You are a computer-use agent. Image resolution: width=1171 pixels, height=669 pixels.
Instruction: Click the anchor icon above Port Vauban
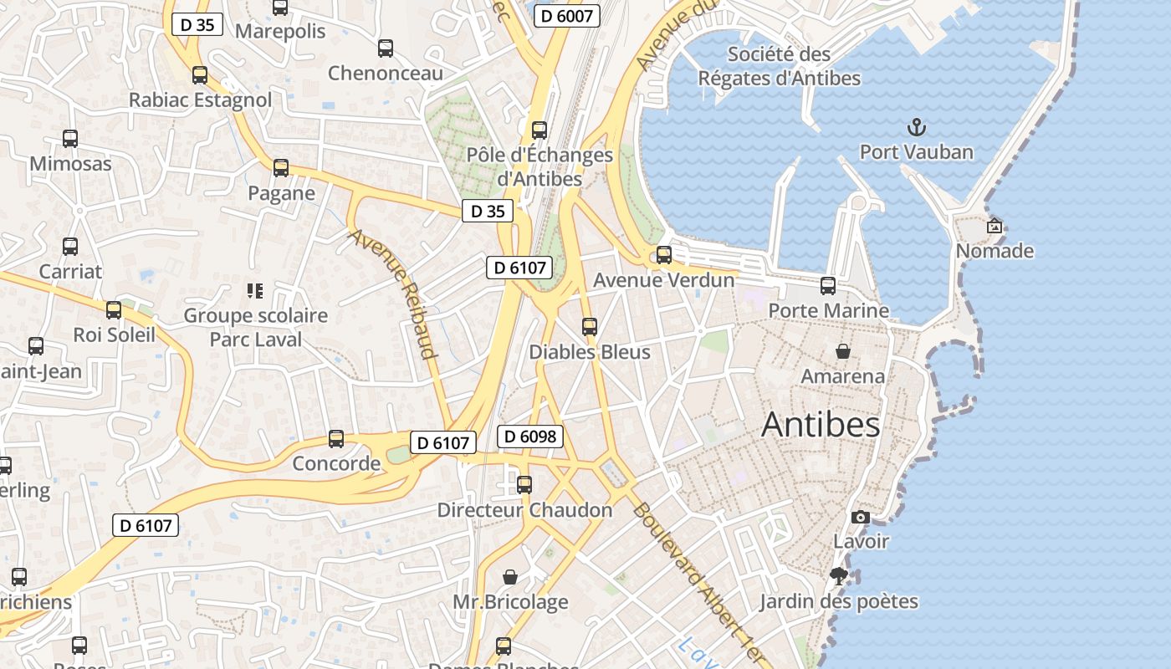[x=918, y=128]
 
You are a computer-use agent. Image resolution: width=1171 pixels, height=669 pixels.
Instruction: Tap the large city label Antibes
[x=821, y=425]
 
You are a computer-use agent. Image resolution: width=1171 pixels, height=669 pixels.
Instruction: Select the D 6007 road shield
[x=568, y=15]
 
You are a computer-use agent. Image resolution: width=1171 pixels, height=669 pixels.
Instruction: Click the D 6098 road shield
[x=530, y=436]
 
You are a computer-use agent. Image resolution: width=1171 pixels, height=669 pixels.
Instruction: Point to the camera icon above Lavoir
[x=860, y=518]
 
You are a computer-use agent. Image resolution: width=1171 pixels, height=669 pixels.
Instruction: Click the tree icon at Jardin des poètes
[x=839, y=576]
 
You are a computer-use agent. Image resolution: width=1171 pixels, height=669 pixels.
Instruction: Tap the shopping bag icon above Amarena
[x=842, y=351]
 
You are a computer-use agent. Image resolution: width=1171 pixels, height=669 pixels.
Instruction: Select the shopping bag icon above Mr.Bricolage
[x=509, y=577]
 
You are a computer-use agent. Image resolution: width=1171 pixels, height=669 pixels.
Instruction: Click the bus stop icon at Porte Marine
[x=828, y=286]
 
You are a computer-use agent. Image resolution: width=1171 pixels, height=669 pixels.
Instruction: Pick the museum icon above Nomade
[x=995, y=226]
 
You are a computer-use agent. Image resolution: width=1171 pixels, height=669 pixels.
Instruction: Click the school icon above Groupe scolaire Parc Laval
[x=255, y=291]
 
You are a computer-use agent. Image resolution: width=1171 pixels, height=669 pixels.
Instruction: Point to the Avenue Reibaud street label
[x=394, y=294]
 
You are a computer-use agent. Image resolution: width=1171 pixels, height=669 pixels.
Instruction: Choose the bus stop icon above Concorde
[x=336, y=438]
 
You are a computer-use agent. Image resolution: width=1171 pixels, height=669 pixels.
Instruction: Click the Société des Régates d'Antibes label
[x=779, y=66]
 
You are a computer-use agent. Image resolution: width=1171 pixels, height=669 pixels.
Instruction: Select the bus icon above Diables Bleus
[x=590, y=327]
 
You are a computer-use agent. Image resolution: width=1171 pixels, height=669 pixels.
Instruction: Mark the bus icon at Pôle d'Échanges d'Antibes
[x=539, y=130]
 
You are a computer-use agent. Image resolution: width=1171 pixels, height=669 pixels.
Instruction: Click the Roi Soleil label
[x=115, y=334]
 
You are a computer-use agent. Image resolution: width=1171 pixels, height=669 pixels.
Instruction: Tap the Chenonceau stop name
[x=385, y=73]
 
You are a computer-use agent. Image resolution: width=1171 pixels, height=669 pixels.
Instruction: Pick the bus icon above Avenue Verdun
[x=664, y=255]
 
